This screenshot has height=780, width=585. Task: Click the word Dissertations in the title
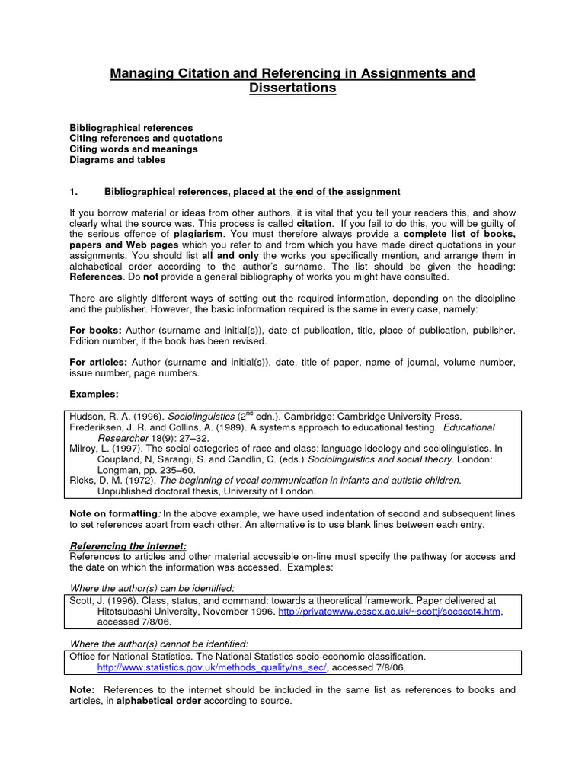point(292,88)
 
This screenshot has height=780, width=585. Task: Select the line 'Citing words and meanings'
point(133,149)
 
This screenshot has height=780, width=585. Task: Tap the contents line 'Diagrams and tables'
point(117,160)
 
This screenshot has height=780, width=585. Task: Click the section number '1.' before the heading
point(75,191)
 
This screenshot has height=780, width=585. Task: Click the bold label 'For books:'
point(95,331)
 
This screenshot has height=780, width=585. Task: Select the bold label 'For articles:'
point(100,363)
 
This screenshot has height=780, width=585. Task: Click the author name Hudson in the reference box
point(88,417)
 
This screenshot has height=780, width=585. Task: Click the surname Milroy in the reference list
point(85,449)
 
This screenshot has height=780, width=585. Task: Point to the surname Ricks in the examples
point(82,481)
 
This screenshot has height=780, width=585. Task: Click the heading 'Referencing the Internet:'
point(128,546)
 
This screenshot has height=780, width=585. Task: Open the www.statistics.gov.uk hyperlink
point(212,667)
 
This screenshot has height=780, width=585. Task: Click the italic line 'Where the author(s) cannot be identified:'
point(158,644)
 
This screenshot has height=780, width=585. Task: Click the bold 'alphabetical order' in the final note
point(158,701)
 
